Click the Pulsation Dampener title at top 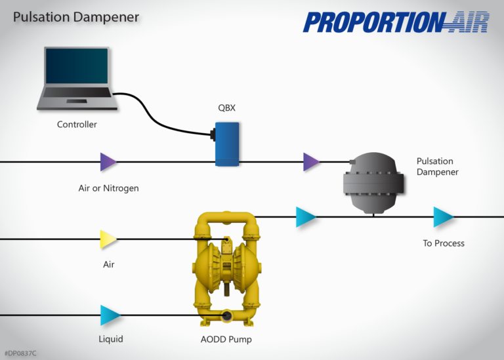[x=75, y=17]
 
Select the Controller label [x=77, y=125]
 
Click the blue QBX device [x=227, y=143]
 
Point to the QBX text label [x=227, y=108]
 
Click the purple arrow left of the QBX [x=108, y=161]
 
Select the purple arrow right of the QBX [x=311, y=161]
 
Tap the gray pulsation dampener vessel [x=373, y=182]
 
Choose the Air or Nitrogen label [x=108, y=188]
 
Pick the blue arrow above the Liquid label [x=110, y=315]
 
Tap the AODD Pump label [x=226, y=340]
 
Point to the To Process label [x=443, y=243]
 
